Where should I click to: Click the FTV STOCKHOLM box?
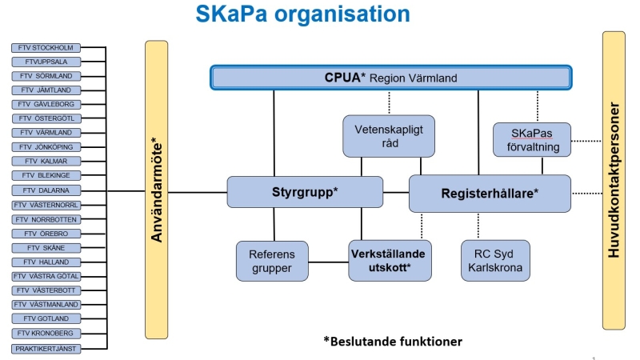pos(46,48)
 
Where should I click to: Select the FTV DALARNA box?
pos(46,190)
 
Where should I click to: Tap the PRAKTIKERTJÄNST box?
pos(46,349)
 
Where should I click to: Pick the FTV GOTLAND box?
pos(46,318)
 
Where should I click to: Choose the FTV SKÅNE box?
pos(46,248)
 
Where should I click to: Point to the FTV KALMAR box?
pos(46,162)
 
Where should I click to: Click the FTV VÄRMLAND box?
pos(46,133)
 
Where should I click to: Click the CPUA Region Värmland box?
pos(391,78)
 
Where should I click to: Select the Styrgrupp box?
pos(305,192)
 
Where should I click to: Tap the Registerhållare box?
pos(490,194)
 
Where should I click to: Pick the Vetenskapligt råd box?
pos(389,136)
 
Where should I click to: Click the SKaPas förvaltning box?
pos(532,140)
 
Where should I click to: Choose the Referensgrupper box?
pos(272,262)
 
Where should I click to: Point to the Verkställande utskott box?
pos(390,261)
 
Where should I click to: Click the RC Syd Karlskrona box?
pos(495,261)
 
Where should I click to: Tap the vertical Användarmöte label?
pos(157,190)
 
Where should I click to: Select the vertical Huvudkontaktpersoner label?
pos(614,180)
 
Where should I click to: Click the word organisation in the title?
pos(342,14)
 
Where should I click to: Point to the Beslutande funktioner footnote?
pos(393,342)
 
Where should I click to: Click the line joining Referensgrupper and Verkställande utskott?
pos(329,262)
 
